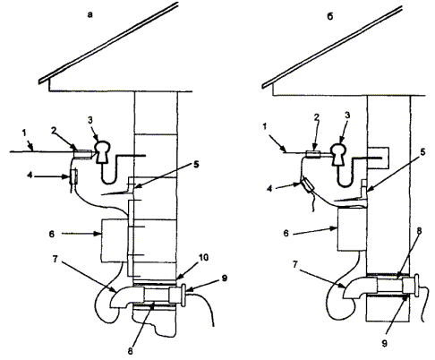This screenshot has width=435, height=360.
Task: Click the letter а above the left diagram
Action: click(x=90, y=14)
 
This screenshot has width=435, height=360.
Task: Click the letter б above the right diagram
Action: click(x=329, y=16)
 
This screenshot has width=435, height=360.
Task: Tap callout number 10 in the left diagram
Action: click(x=203, y=257)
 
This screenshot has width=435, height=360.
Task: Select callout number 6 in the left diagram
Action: click(x=52, y=234)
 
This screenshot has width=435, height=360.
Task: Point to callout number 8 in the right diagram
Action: click(x=419, y=231)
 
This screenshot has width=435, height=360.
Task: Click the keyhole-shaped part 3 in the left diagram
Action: click(x=102, y=151)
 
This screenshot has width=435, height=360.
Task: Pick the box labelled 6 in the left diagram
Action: click(x=115, y=241)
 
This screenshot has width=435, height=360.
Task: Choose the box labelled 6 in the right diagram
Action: click(x=351, y=229)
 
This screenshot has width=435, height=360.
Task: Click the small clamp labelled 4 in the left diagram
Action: click(x=73, y=176)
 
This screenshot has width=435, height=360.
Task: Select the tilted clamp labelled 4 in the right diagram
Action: click(x=307, y=184)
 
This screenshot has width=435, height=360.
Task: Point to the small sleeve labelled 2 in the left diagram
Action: click(x=82, y=154)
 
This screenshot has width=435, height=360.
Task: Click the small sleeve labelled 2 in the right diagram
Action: click(x=313, y=154)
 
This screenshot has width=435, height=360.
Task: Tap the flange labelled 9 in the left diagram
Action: click(x=183, y=296)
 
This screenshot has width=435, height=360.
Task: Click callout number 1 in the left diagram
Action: click(x=24, y=133)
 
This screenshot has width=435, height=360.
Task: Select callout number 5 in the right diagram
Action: click(x=422, y=152)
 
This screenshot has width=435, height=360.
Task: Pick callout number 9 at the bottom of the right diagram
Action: click(x=384, y=343)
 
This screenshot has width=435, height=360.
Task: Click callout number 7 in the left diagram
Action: click(x=55, y=259)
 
